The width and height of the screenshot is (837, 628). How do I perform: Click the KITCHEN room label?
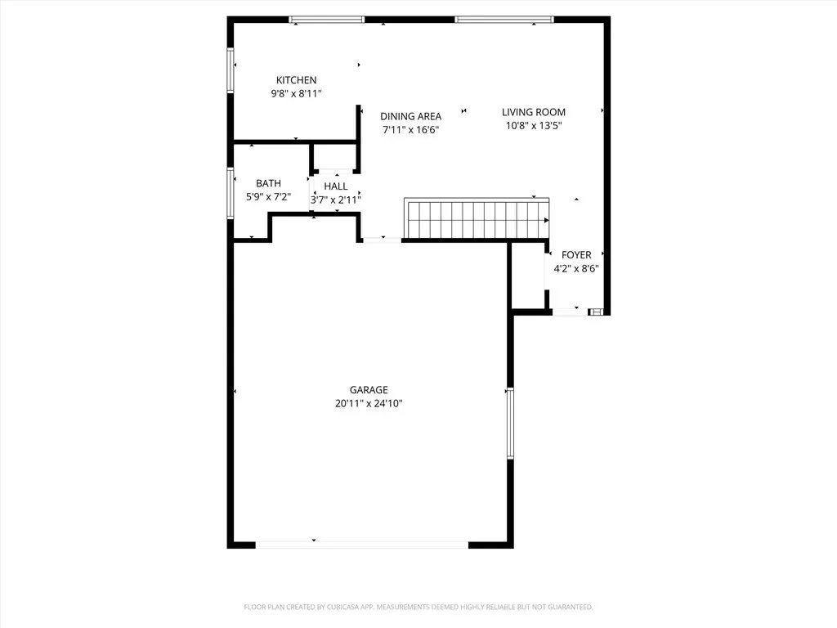pyautogui.click(x=296, y=80)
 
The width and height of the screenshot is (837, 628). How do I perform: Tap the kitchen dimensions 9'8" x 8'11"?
pyautogui.click(x=296, y=94)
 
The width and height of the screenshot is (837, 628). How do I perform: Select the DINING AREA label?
pyautogui.click(x=410, y=116)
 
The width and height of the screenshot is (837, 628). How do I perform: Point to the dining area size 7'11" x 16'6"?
pyautogui.click(x=410, y=130)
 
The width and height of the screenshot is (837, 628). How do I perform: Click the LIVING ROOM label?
pyautogui.click(x=533, y=112)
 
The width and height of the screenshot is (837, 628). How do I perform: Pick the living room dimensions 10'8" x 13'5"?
pyautogui.click(x=533, y=125)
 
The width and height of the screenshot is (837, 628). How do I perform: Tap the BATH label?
pyautogui.click(x=268, y=183)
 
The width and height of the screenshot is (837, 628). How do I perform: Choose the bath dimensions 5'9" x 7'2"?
pyautogui.click(x=268, y=197)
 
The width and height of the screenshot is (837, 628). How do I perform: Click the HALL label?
pyautogui.click(x=336, y=186)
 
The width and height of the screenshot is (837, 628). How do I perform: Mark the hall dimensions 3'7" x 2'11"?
pyautogui.click(x=336, y=200)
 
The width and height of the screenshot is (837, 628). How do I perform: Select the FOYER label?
pyautogui.click(x=576, y=255)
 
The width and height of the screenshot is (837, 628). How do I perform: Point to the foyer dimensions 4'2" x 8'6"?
pyautogui.click(x=576, y=268)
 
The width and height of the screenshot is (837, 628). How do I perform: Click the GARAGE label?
pyautogui.click(x=369, y=390)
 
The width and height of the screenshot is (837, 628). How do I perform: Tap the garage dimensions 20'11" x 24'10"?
pyautogui.click(x=369, y=404)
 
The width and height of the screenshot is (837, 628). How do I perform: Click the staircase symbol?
pyautogui.click(x=477, y=218)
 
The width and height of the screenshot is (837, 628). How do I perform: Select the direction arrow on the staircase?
pyautogui.click(x=546, y=220)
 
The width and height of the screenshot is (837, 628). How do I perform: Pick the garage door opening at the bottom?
pyautogui.click(x=362, y=545)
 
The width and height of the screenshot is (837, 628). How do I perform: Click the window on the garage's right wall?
pyautogui.click(x=510, y=423)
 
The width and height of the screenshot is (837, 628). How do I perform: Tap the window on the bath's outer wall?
pyautogui.click(x=231, y=193)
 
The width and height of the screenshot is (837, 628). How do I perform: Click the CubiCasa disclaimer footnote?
pyautogui.click(x=418, y=608)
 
